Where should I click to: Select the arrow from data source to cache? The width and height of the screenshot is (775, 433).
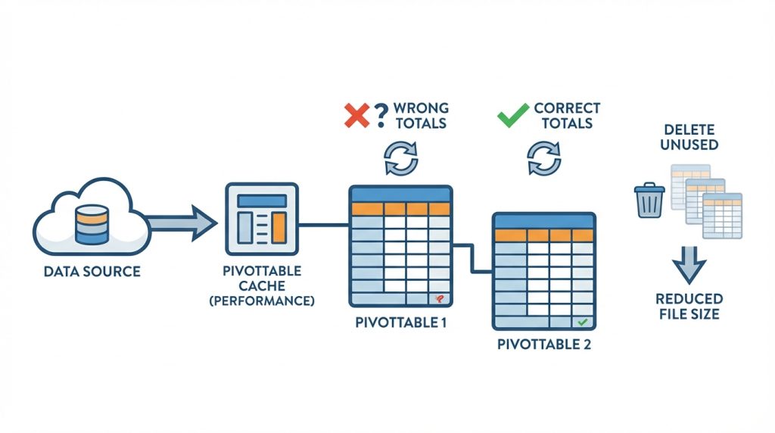point(182,223)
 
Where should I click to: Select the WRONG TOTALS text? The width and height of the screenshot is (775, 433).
point(421,116)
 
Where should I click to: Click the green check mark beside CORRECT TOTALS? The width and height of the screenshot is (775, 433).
point(512,116)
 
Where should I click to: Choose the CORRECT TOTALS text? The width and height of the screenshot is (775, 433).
point(567,116)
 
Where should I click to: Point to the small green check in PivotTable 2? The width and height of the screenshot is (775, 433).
point(581,322)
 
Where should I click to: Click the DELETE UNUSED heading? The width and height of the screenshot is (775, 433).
point(689,136)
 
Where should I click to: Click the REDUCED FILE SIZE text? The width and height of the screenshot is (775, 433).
point(689,307)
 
